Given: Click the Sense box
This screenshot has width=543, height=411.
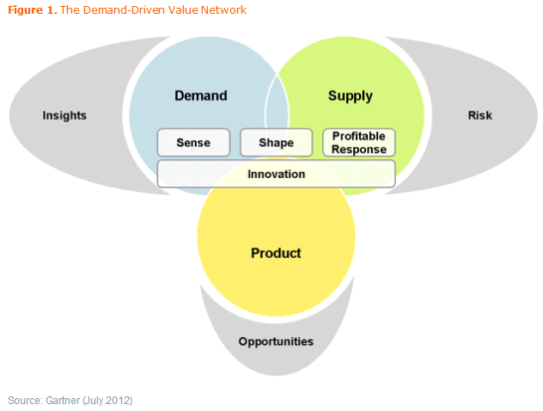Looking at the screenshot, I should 193,143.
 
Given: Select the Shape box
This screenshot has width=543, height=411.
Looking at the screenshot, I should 276,143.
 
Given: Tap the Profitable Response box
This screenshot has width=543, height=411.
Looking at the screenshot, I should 358,143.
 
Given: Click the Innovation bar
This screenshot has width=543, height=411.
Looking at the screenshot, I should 276,174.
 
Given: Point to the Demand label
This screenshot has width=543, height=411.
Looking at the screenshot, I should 200,95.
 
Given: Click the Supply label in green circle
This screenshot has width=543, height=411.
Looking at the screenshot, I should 350,95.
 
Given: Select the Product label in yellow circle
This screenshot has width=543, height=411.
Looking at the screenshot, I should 276,253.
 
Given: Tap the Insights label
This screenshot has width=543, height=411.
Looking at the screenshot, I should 64,115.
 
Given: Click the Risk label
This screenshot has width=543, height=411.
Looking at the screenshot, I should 479,115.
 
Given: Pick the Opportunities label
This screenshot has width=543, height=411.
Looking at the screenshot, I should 276,341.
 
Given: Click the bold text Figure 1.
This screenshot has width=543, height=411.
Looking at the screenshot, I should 32,10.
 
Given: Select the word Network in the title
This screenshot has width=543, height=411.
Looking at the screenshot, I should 225,10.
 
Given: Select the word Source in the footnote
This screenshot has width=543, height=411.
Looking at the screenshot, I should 23,400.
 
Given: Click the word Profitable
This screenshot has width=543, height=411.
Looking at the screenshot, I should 358,137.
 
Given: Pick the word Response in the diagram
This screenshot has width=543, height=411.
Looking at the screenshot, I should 358,149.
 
